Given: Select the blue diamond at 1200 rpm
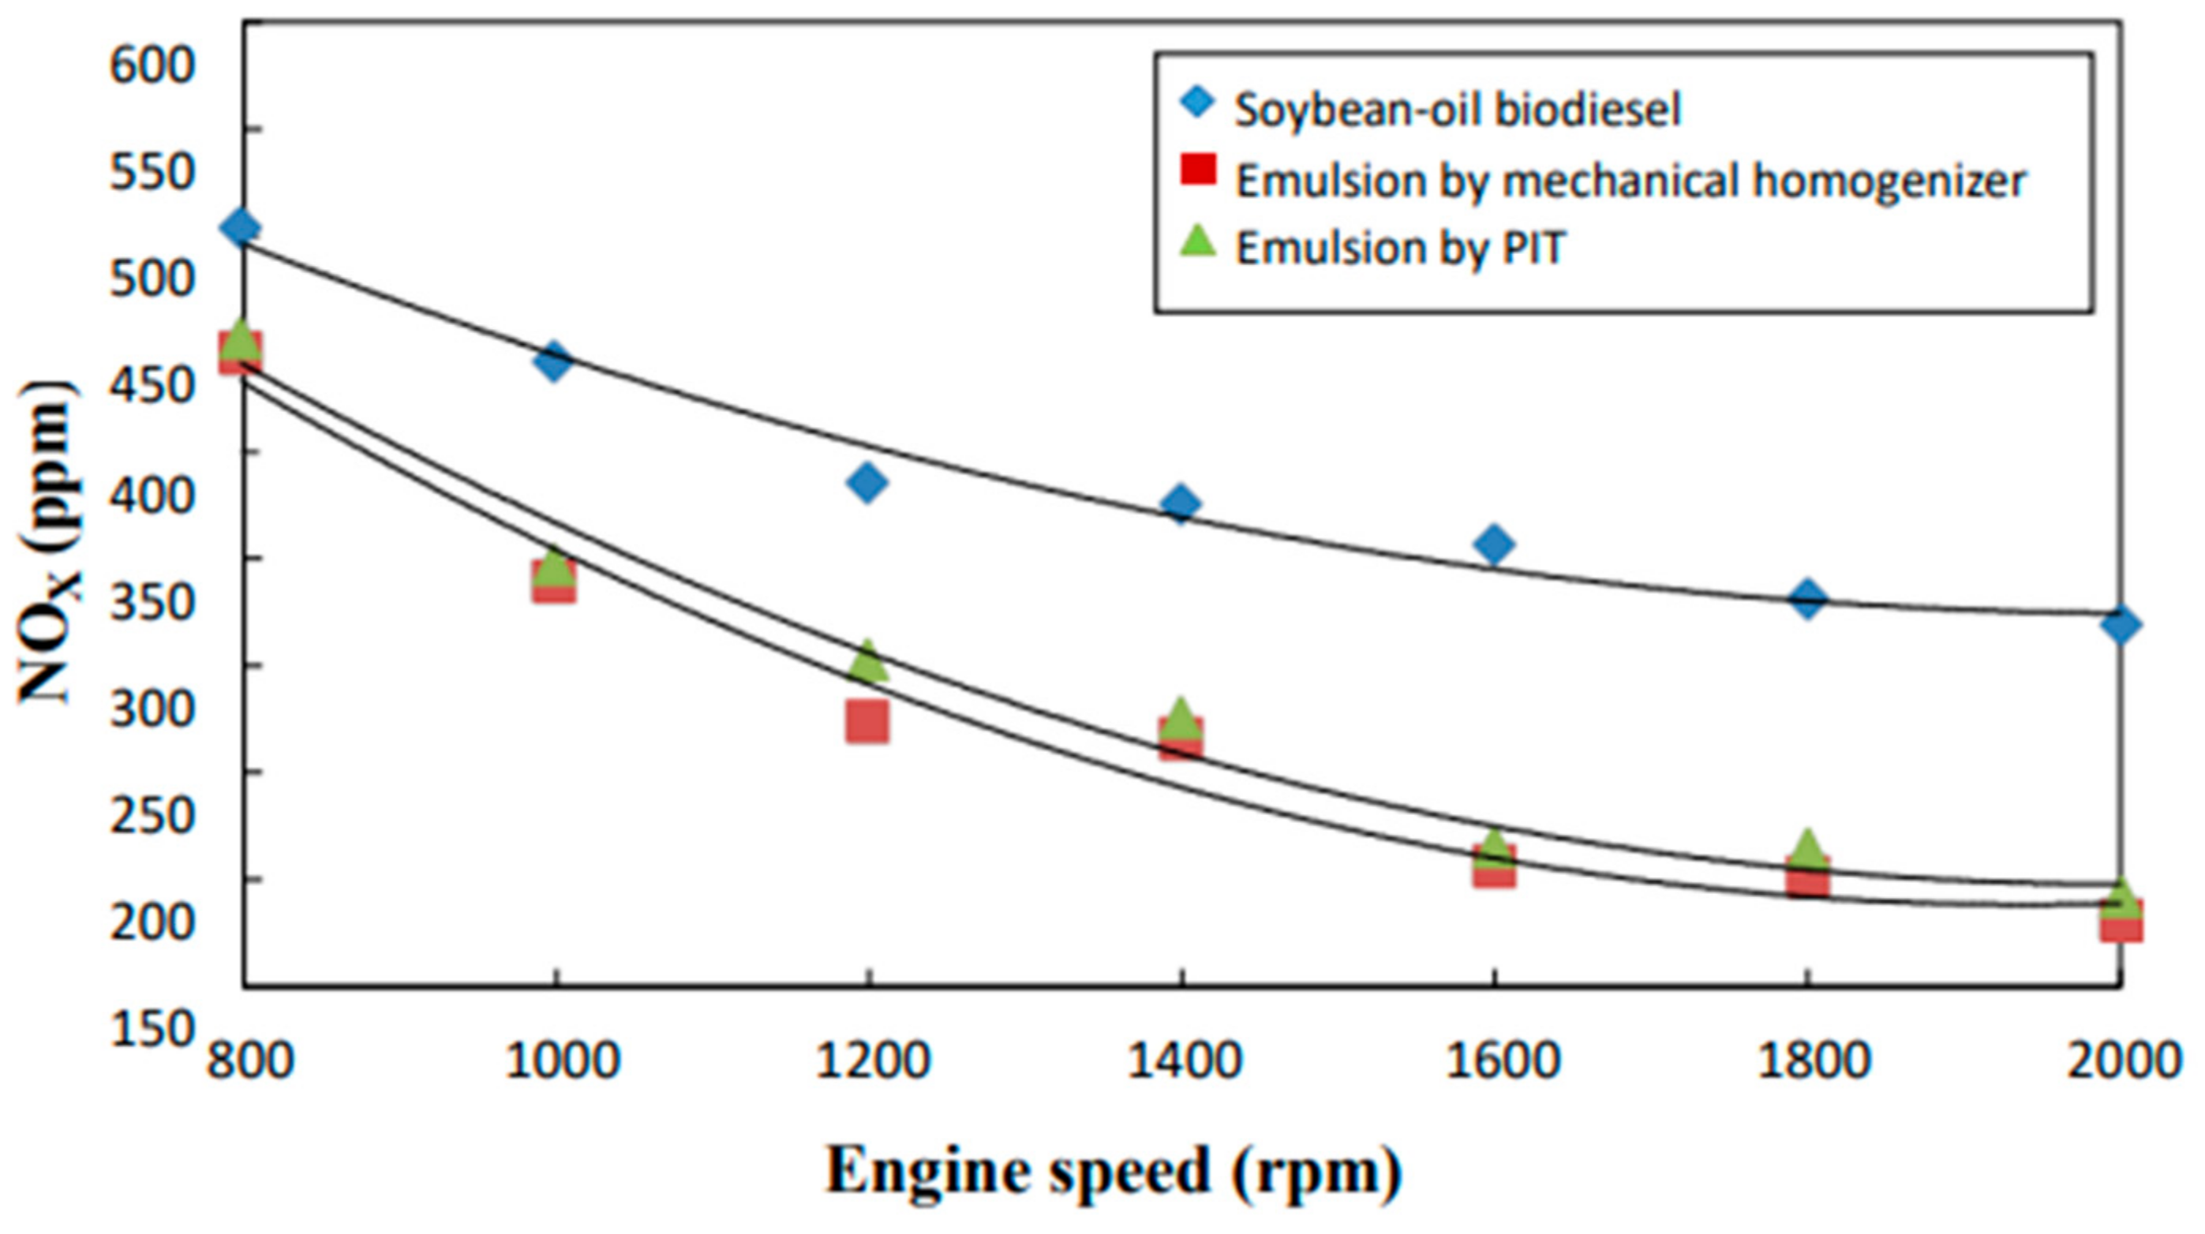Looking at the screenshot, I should point(867,483).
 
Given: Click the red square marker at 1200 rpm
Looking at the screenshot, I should point(867,721).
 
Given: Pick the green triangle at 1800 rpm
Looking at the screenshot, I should point(1807,848).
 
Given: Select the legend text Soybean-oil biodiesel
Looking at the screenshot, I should point(1458,110).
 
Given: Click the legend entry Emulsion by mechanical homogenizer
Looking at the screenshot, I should point(1630,181).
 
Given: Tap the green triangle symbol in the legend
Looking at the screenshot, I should point(1197,241).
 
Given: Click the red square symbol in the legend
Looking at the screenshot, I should point(1197,169).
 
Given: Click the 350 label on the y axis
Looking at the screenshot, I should point(152,601).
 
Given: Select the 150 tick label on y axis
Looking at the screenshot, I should point(152,1030).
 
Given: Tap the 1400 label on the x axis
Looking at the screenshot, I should point(1182,1061).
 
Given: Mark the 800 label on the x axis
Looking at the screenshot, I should point(250,1061).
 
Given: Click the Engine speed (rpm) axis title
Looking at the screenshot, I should point(1113,1172).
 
